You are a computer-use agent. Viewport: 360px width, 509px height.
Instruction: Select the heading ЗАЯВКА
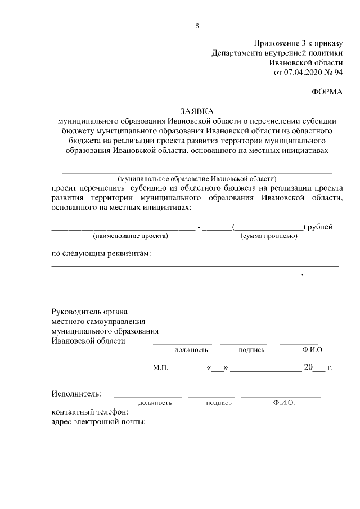pyautogui.click(x=197, y=111)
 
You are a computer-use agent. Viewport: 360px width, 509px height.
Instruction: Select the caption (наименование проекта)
pyautogui.click(x=130, y=236)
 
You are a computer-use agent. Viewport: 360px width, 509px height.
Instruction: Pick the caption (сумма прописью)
pyautogui.click(x=269, y=236)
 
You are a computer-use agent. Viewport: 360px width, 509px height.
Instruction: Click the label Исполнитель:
pyautogui.click(x=76, y=393)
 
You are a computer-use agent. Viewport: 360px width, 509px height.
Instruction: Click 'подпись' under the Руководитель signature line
pyautogui.click(x=251, y=350)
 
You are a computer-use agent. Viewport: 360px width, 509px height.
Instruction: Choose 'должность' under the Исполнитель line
pyautogui.click(x=155, y=403)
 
